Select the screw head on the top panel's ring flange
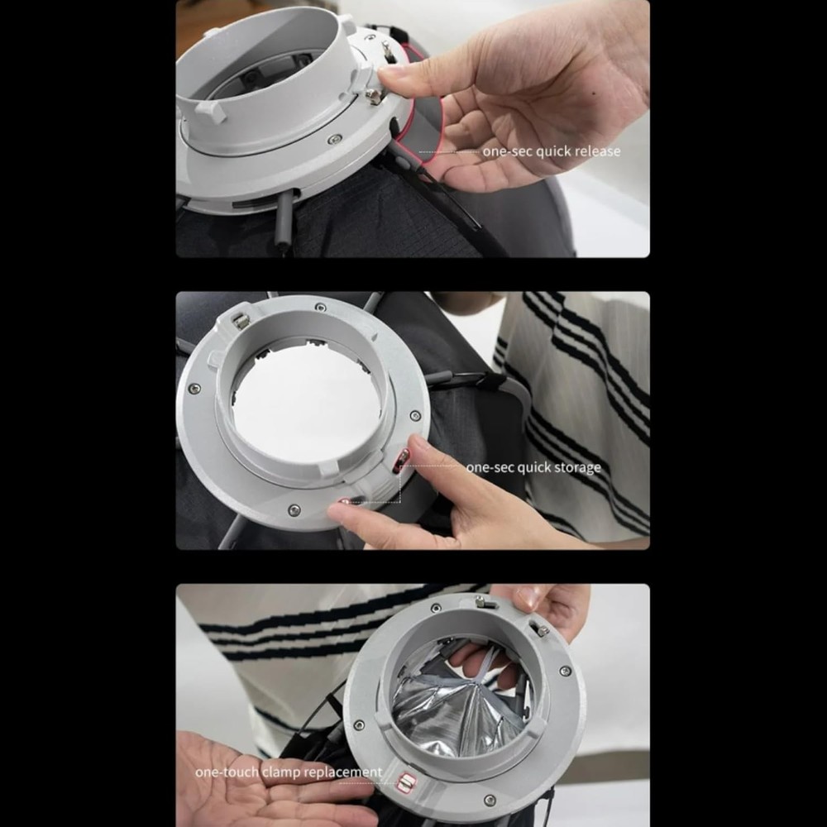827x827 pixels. (334, 139)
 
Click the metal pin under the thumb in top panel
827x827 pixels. (373, 98)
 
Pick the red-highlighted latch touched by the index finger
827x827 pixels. (401, 461)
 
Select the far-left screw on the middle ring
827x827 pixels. (194, 388)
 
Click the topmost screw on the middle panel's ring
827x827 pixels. (320, 308)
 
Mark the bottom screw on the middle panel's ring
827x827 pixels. (294, 509)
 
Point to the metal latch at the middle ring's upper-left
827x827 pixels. (241, 320)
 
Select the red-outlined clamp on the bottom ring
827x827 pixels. (406, 782)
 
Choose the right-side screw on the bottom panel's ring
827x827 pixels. (565, 672)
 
